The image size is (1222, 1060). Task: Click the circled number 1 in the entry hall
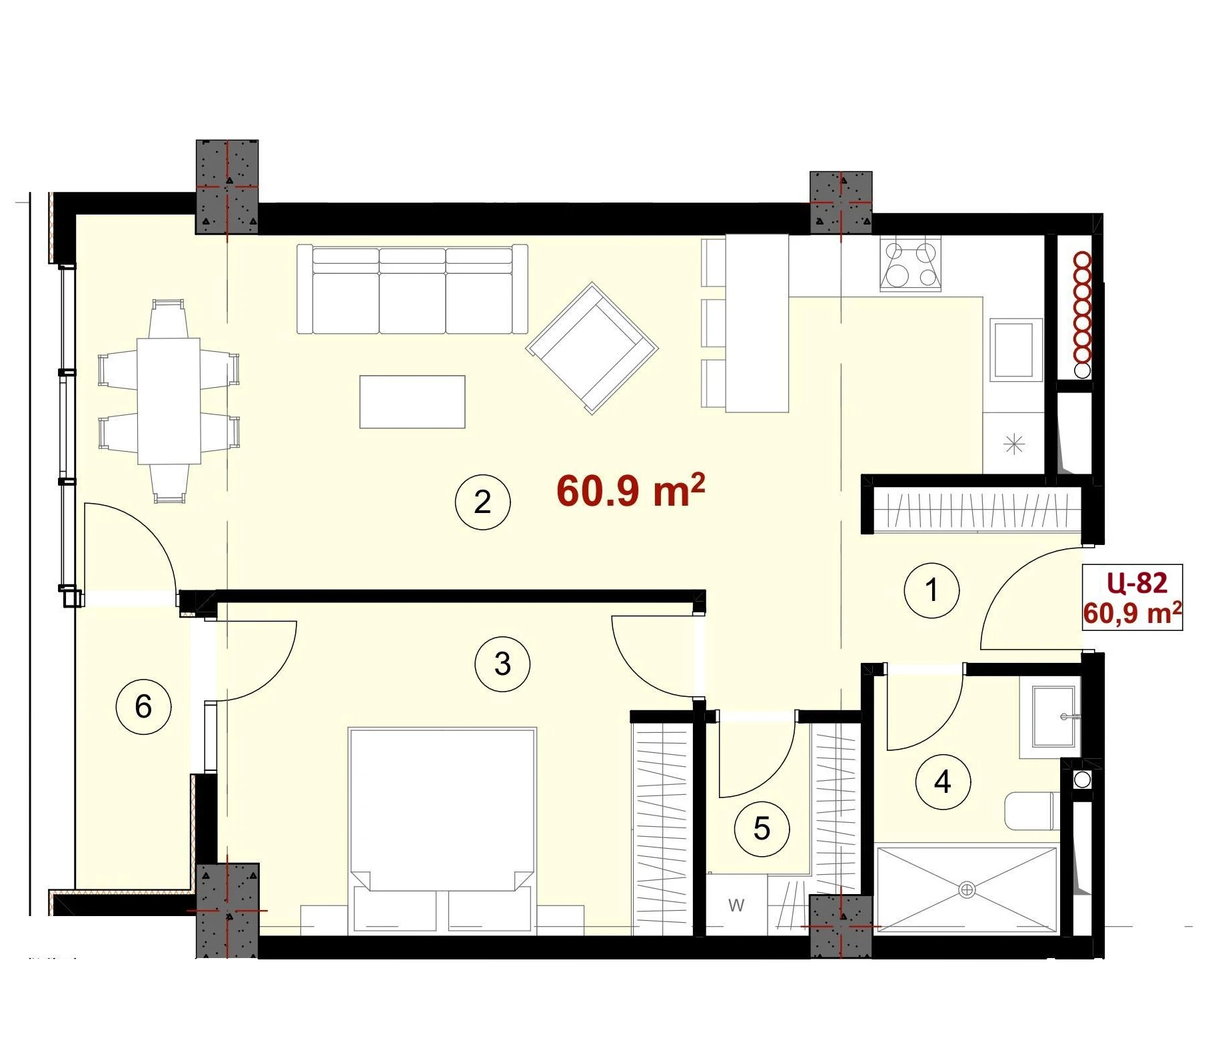[931, 590]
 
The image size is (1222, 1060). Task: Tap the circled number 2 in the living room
[482, 502]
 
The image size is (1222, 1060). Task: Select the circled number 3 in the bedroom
[502, 664]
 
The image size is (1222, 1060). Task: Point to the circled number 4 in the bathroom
[943, 782]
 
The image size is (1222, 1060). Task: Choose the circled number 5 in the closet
[762, 829]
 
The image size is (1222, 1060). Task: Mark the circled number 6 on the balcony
[143, 706]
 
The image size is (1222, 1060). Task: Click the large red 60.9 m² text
[630, 491]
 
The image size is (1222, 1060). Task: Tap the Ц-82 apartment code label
[1137, 583]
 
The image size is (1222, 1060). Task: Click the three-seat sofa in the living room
[412, 289]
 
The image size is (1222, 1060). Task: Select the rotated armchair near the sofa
[592, 348]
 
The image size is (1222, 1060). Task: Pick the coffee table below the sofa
[412, 402]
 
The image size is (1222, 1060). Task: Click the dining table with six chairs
[169, 401]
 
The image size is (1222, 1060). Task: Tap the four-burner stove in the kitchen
[910, 265]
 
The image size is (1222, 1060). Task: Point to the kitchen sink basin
[1016, 350]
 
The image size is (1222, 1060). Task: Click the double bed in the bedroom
[442, 828]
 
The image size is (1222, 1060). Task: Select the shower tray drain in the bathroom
[967, 889]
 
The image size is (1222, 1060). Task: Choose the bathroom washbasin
[1053, 716]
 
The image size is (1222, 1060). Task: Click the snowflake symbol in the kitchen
[1014, 444]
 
